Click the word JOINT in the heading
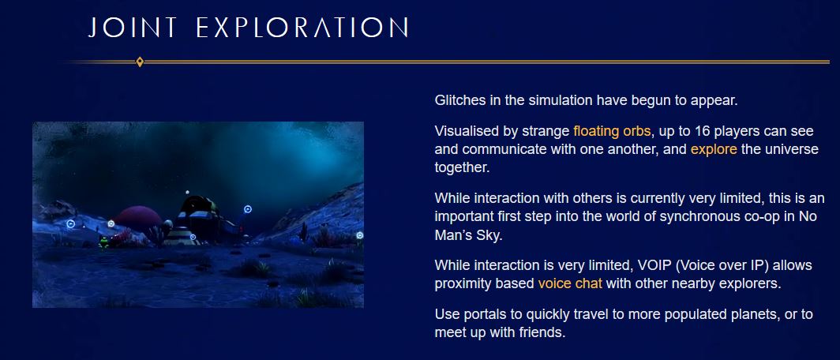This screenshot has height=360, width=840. click(x=133, y=28)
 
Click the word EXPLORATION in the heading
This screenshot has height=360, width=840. click(x=302, y=28)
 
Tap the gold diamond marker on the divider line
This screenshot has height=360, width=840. click(x=140, y=62)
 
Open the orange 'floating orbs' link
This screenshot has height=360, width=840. click(x=613, y=131)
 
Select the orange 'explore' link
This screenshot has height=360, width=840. click(x=714, y=149)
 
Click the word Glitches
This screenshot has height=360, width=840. click(x=460, y=100)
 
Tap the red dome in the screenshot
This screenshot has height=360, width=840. click(x=137, y=218)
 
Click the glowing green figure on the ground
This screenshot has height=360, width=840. click(x=104, y=242)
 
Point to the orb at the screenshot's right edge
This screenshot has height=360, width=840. click(x=359, y=235)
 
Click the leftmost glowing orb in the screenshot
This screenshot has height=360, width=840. click(x=70, y=224)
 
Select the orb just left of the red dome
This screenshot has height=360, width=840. click(x=111, y=223)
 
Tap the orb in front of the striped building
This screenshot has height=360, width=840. click(x=193, y=237)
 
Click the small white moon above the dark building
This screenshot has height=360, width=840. click(x=187, y=192)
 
